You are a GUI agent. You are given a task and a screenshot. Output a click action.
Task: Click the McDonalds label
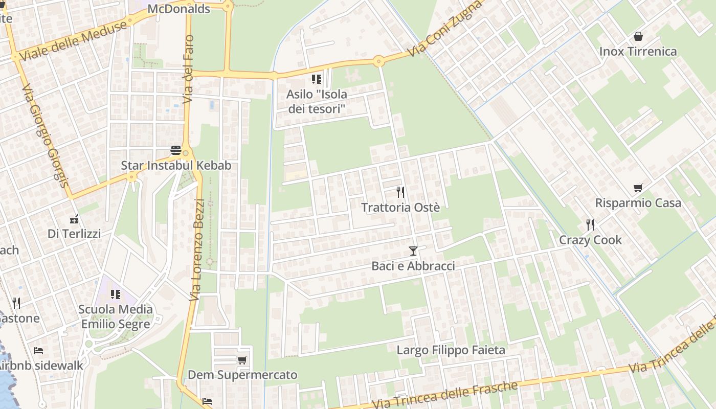point(178,9)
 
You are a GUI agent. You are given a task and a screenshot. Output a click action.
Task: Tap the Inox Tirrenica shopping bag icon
point(638,36)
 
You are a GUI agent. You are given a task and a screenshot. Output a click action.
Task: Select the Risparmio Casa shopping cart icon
point(638,188)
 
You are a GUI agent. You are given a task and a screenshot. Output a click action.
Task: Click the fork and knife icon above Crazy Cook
point(590,224)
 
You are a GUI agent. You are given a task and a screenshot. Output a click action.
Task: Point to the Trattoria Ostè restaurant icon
point(400,192)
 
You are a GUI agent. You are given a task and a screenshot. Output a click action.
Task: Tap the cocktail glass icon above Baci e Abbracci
point(413,251)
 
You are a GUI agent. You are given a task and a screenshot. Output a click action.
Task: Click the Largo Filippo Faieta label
point(451,350)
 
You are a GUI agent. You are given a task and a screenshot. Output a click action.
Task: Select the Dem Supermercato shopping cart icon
point(242,360)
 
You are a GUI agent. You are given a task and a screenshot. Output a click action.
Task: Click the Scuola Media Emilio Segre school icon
point(116,294)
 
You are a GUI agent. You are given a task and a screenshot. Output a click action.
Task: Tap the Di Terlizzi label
point(74,234)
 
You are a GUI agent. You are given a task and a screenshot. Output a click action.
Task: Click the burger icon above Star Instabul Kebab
point(176,150)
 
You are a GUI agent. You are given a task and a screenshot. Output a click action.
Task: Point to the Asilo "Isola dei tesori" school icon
point(316,79)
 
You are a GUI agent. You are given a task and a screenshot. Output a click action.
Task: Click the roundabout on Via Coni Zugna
point(378,61)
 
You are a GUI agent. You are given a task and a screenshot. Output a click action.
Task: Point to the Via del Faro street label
point(188,69)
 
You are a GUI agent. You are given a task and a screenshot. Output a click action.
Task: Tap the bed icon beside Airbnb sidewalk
point(38,351)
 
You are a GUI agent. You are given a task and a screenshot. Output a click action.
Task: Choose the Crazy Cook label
point(590,240)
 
